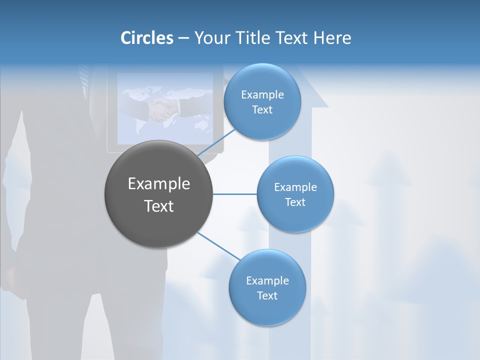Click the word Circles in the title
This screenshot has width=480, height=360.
click(147, 38)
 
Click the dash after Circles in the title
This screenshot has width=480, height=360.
click(183, 38)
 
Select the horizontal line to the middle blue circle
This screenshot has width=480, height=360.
click(234, 194)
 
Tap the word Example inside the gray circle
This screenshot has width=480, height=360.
click(159, 184)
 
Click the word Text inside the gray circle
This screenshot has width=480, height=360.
click(159, 206)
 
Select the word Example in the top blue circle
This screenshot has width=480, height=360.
click(262, 95)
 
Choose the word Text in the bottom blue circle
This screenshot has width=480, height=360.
click(267, 296)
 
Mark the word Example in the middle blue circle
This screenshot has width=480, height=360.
click(295, 187)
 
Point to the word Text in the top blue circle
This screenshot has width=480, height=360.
click(262, 110)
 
